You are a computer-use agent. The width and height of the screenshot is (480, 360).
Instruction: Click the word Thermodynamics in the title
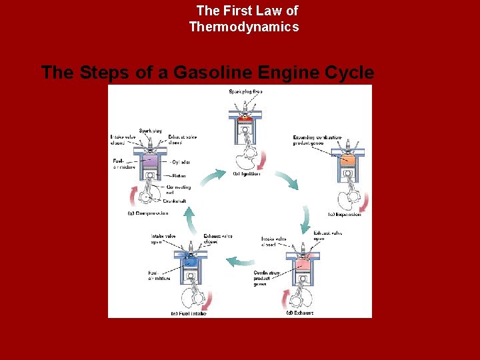(x=244, y=27)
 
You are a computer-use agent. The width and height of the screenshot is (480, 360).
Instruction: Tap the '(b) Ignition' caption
(x=247, y=174)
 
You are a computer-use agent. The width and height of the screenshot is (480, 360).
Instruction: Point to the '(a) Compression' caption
(x=147, y=213)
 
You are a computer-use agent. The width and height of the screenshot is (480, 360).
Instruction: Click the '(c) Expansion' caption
(x=345, y=214)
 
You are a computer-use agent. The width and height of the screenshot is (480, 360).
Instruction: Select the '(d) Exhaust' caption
(x=300, y=313)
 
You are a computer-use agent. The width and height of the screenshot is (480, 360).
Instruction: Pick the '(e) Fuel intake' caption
(x=189, y=313)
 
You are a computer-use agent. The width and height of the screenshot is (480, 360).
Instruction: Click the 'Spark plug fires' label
(x=246, y=91)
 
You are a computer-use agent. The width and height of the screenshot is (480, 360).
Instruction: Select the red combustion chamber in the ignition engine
(x=245, y=118)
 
